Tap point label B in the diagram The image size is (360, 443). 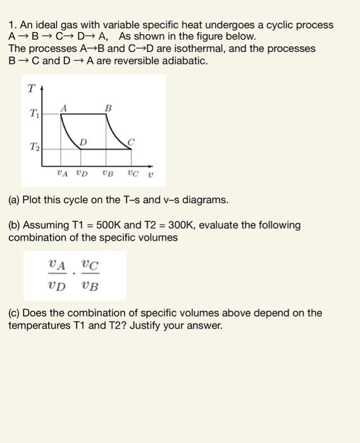click(108, 108)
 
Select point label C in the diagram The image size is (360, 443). click(131, 142)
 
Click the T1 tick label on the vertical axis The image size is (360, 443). click(34, 114)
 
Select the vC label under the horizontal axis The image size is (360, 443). click(132, 171)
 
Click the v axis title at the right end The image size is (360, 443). click(150, 172)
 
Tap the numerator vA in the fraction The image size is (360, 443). click(58, 264)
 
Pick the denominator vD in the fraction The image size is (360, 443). click(58, 285)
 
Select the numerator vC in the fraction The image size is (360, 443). click(90, 264)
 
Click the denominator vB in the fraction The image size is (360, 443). click(90, 285)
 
